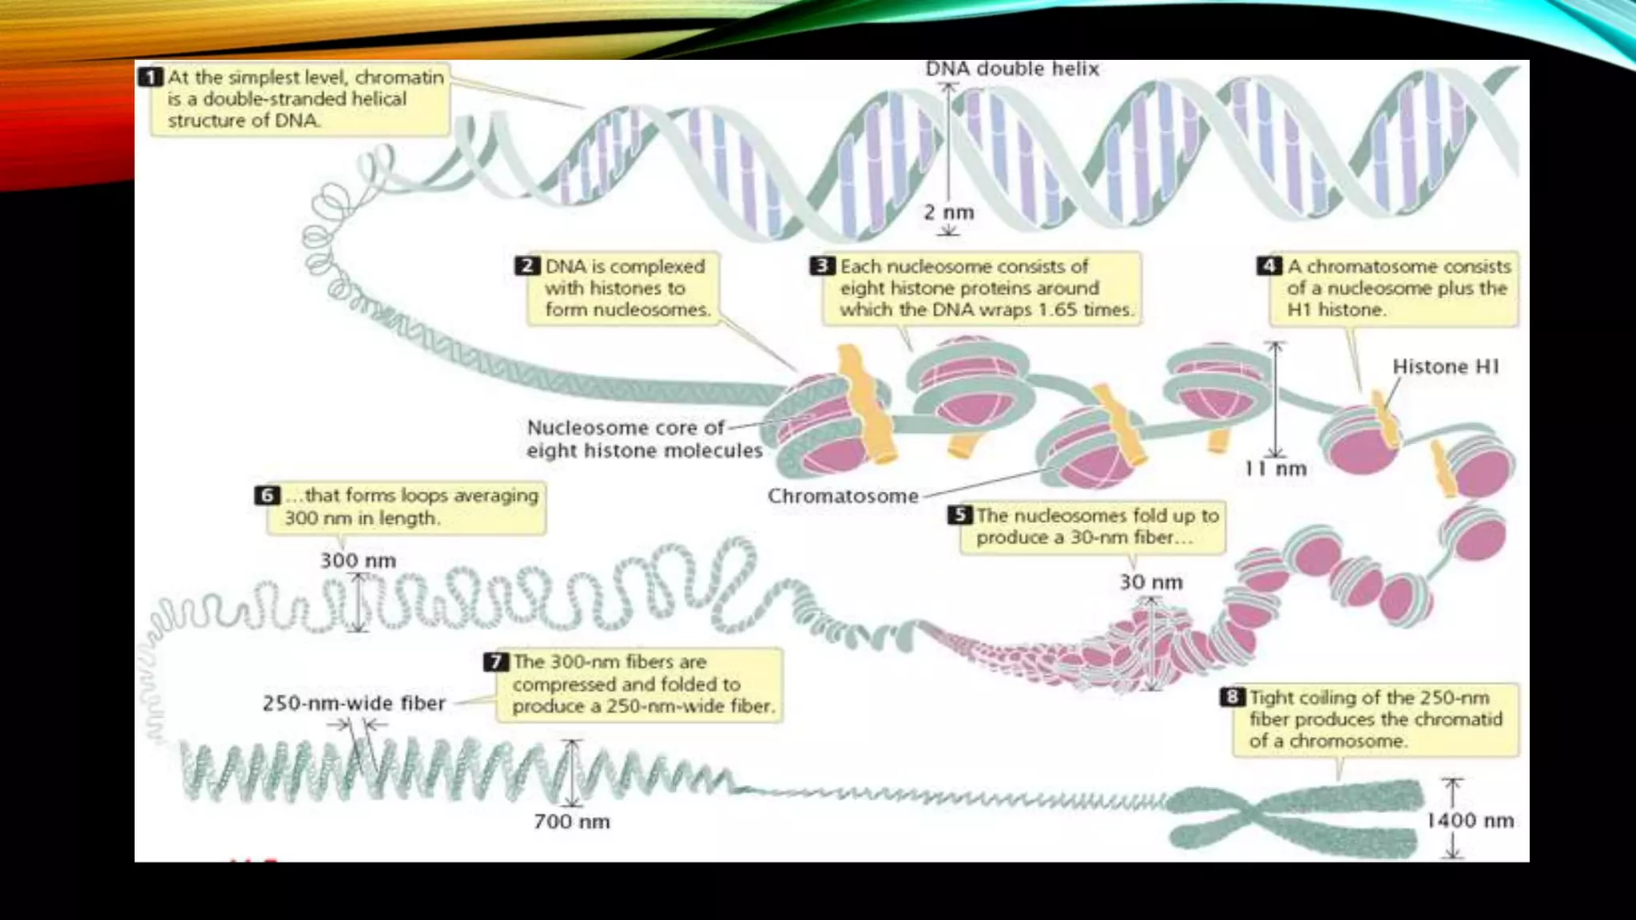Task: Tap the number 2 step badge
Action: [527, 266]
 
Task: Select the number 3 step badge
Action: [822, 266]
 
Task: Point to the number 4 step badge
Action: [1269, 266]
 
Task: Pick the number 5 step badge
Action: [959, 515]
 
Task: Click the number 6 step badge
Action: [267, 495]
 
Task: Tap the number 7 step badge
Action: [496, 662]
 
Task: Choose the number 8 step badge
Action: [1233, 697]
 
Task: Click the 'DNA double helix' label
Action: [1012, 69]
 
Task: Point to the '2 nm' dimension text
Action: [949, 212]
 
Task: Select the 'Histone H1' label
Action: [1446, 367]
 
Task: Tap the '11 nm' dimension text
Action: [1276, 469]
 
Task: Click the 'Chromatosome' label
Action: [843, 496]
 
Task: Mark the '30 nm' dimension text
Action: [1151, 582]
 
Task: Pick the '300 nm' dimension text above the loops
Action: [358, 561]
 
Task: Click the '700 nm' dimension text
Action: [572, 822]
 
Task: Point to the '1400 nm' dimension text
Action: [1471, 820]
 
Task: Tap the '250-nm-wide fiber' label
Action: [354, 704]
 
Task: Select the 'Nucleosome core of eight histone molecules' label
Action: [644, 439]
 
